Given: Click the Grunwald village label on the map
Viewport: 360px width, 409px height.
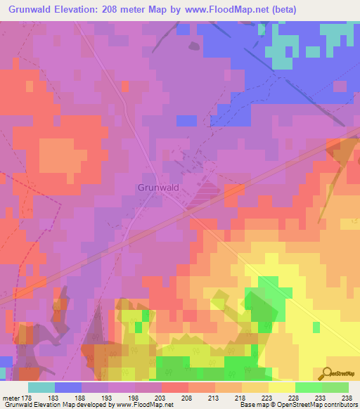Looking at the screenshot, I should tap(155, 188).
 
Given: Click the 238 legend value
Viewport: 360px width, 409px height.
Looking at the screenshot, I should tap(347, 398).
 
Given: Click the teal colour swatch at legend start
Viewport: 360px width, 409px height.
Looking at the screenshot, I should tap(41, 387).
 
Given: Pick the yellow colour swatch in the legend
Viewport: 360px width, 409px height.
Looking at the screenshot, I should tap(281, 387).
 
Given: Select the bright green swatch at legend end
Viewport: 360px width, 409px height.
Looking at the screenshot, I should tap(335, 387).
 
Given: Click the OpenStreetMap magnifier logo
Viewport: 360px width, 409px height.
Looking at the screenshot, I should tap(326, 374).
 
